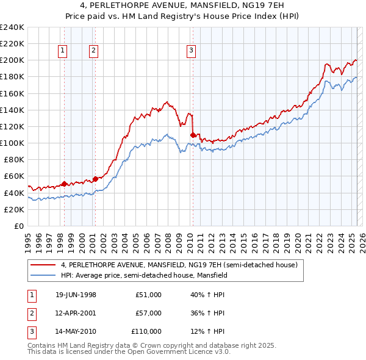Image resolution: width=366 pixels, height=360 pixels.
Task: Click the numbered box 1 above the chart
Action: pos(63,51)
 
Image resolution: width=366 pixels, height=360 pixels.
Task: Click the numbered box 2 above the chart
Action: pos(94,51)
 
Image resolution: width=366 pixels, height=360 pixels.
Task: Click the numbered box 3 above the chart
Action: pos(192,51)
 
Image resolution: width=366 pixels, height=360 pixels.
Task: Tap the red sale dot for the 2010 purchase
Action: pos(193,135)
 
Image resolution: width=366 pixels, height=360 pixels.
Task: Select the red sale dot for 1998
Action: pos(65,184)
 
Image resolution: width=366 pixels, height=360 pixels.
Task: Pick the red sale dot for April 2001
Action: pos(95,179)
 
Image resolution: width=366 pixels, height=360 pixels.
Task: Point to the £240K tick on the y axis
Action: pos(12,27)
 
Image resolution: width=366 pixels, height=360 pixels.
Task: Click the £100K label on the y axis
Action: pos(12,143)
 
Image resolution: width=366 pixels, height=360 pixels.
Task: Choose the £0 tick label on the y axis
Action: pos(20,226)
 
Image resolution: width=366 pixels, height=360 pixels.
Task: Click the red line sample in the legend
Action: pos(43,265)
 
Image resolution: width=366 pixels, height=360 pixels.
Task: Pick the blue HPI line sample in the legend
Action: pos(43,275)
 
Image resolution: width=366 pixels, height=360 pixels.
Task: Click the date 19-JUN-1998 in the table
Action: pos(76,295)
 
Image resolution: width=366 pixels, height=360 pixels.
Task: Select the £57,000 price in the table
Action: pos(148,313)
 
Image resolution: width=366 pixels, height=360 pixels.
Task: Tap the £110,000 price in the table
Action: pos(146,331)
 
